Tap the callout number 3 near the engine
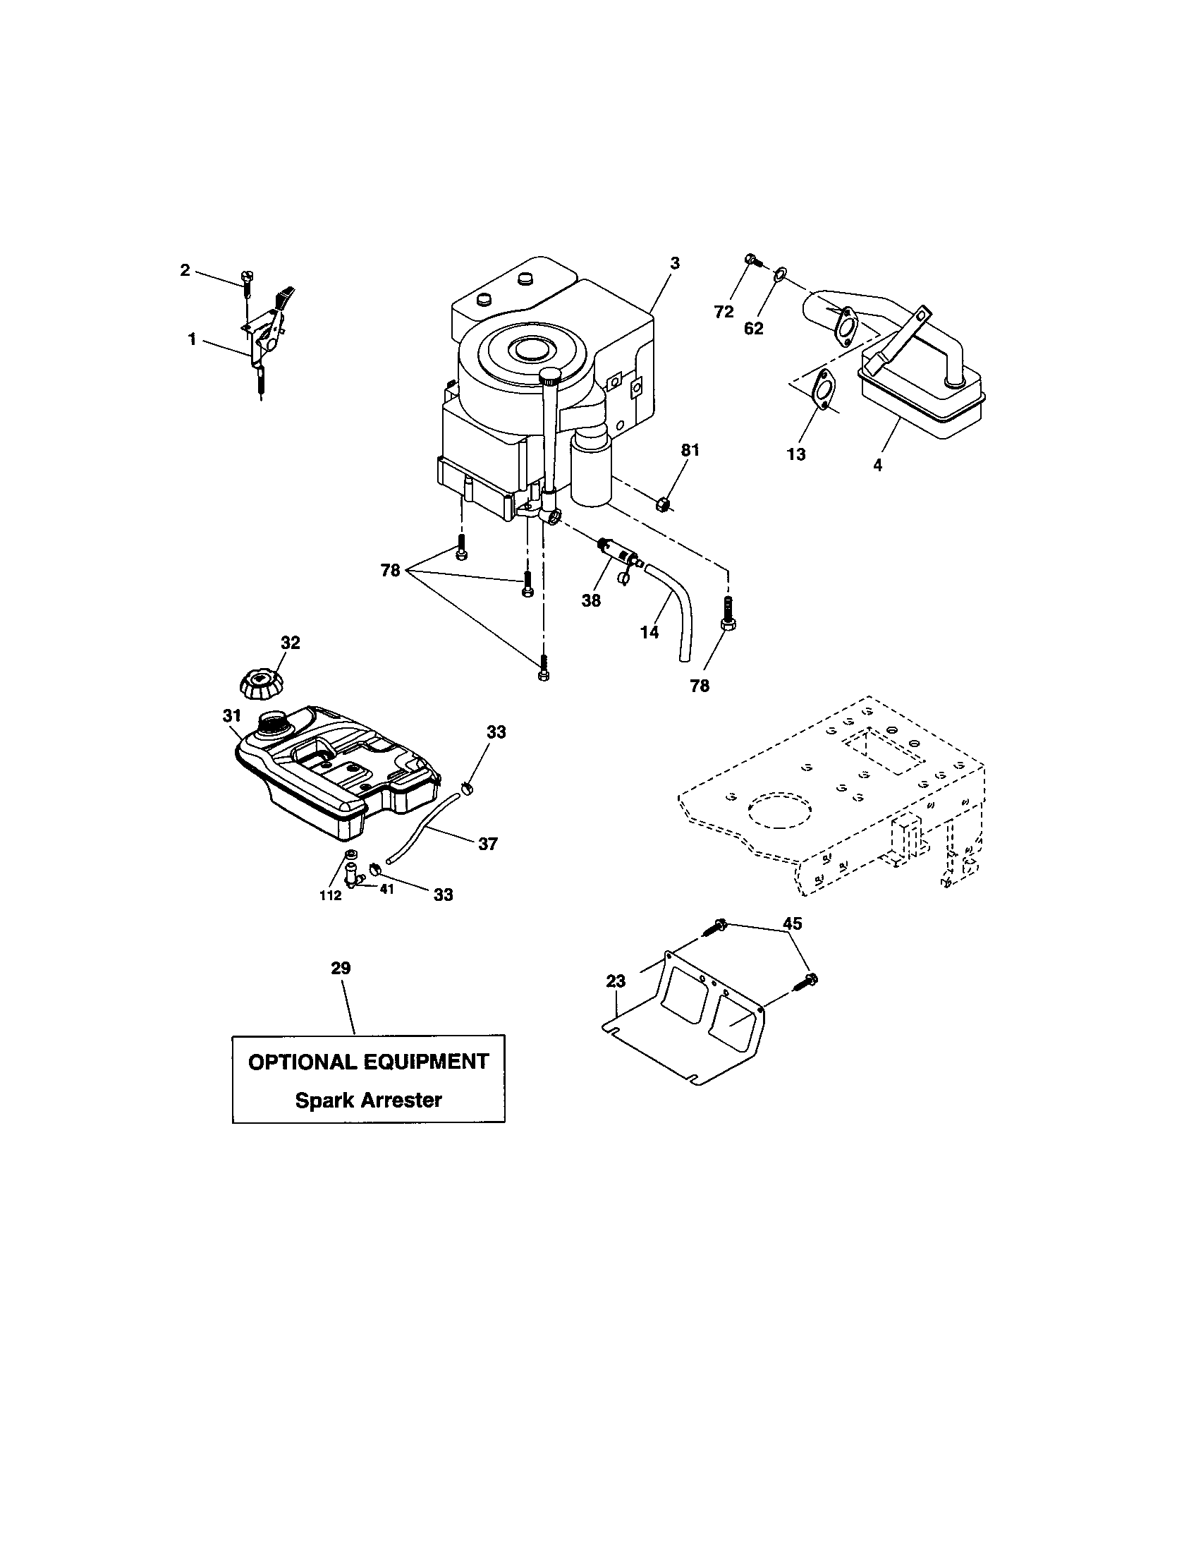point(674,263)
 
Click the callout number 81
point(690,450)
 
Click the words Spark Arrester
point(368,1100)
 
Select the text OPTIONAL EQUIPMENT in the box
point(368,1062)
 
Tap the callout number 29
point(341,968)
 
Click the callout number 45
point(792,923)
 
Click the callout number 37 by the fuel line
point(487,844)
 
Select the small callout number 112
point(330,896)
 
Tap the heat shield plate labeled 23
point(692,1024)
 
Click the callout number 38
point(591,600)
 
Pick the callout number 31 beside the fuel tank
point(232,715)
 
